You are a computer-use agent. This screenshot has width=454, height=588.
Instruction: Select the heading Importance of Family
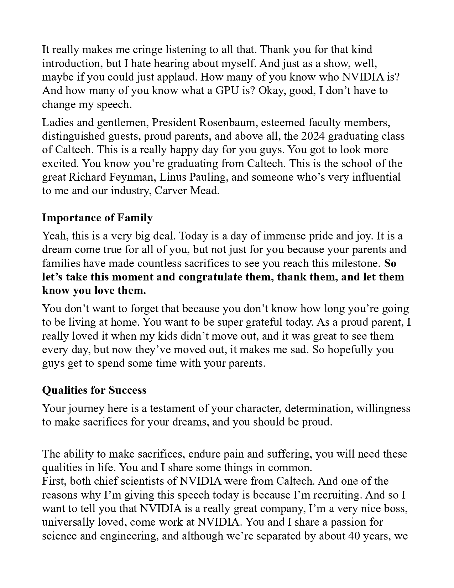(98, 218)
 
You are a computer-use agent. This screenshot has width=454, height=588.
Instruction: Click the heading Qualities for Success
(94, 390)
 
